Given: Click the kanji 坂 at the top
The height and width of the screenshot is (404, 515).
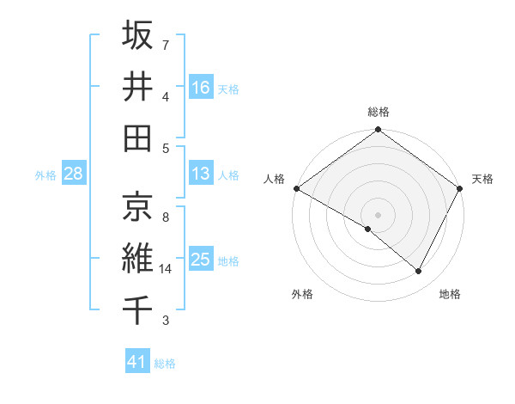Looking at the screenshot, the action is (x=137, y=36).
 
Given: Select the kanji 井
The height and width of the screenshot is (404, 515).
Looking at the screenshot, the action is (x=137, y=87).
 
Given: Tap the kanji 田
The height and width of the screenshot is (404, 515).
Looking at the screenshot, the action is (x=137, y=138).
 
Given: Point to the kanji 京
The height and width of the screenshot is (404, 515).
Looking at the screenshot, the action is (x=137, y=206).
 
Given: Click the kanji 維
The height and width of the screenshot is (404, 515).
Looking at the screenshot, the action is (x=137, y=258).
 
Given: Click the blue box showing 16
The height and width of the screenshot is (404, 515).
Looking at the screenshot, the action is (x=201, y=87).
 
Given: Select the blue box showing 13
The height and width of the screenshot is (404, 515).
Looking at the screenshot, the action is (x=201, y=174).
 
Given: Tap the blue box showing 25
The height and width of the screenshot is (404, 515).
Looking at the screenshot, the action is (x=201, y=260).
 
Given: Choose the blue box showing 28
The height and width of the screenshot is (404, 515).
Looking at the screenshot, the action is (x=73, y=174).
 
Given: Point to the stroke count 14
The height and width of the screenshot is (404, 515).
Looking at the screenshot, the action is (x=167, y=269).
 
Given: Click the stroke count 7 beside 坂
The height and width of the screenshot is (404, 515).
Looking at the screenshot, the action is (x=166, y=45).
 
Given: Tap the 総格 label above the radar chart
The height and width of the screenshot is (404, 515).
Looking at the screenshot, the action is (x=379, y=112).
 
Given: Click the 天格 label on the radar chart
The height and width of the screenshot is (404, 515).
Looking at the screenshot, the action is (x=482, y=179).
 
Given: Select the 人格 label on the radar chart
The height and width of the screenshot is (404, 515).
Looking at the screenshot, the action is (x=275, y=179).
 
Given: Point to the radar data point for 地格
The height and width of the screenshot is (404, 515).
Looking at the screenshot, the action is (x=419, y=272).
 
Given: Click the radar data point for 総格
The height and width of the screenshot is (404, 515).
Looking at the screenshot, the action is (x=378, y=131).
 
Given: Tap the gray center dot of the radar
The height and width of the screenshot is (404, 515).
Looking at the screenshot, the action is (x=378, y=214).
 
